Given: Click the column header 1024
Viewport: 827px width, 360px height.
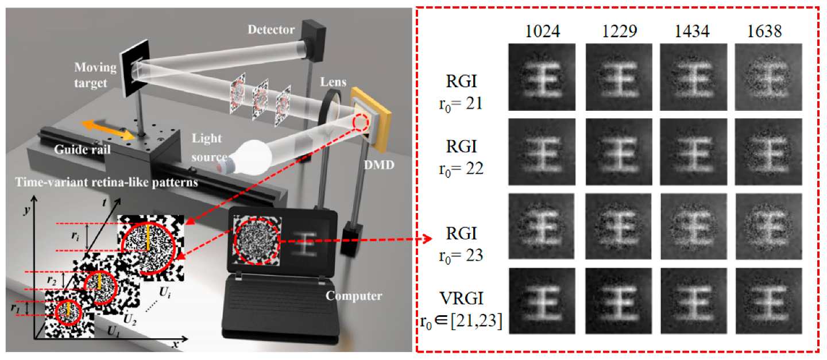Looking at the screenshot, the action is tap(542, 31).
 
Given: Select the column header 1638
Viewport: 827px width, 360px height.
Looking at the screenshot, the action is tap(764, 31).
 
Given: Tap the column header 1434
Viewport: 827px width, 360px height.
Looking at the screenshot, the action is tap(692, 31).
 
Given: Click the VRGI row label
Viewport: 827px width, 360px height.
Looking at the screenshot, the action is tap(462, 298).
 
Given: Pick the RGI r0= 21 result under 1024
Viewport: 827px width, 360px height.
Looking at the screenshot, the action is tap(542, 77).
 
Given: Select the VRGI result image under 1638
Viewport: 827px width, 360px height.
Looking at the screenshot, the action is tap(768, 301).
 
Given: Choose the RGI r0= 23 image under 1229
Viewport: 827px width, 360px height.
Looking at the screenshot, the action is tap(619, 226).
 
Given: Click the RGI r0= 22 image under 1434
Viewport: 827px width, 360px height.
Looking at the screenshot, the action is tap(693, 152).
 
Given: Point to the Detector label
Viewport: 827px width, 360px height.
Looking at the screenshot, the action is tap(271, 29).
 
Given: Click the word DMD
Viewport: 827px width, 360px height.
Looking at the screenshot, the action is tap(379, 165).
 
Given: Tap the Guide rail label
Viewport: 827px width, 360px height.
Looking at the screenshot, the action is tap(82, 149).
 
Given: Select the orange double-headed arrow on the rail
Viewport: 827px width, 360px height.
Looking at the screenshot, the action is tap(108, 130).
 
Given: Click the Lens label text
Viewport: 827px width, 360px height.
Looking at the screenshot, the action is tap(333, 82).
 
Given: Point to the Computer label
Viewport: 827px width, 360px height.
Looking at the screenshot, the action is tap(354, 296).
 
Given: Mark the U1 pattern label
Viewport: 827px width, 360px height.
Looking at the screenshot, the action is tap(114, 331).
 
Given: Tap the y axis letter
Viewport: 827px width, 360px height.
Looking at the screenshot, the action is tap(26, 211).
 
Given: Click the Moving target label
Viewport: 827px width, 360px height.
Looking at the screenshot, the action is tap(95, 75).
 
